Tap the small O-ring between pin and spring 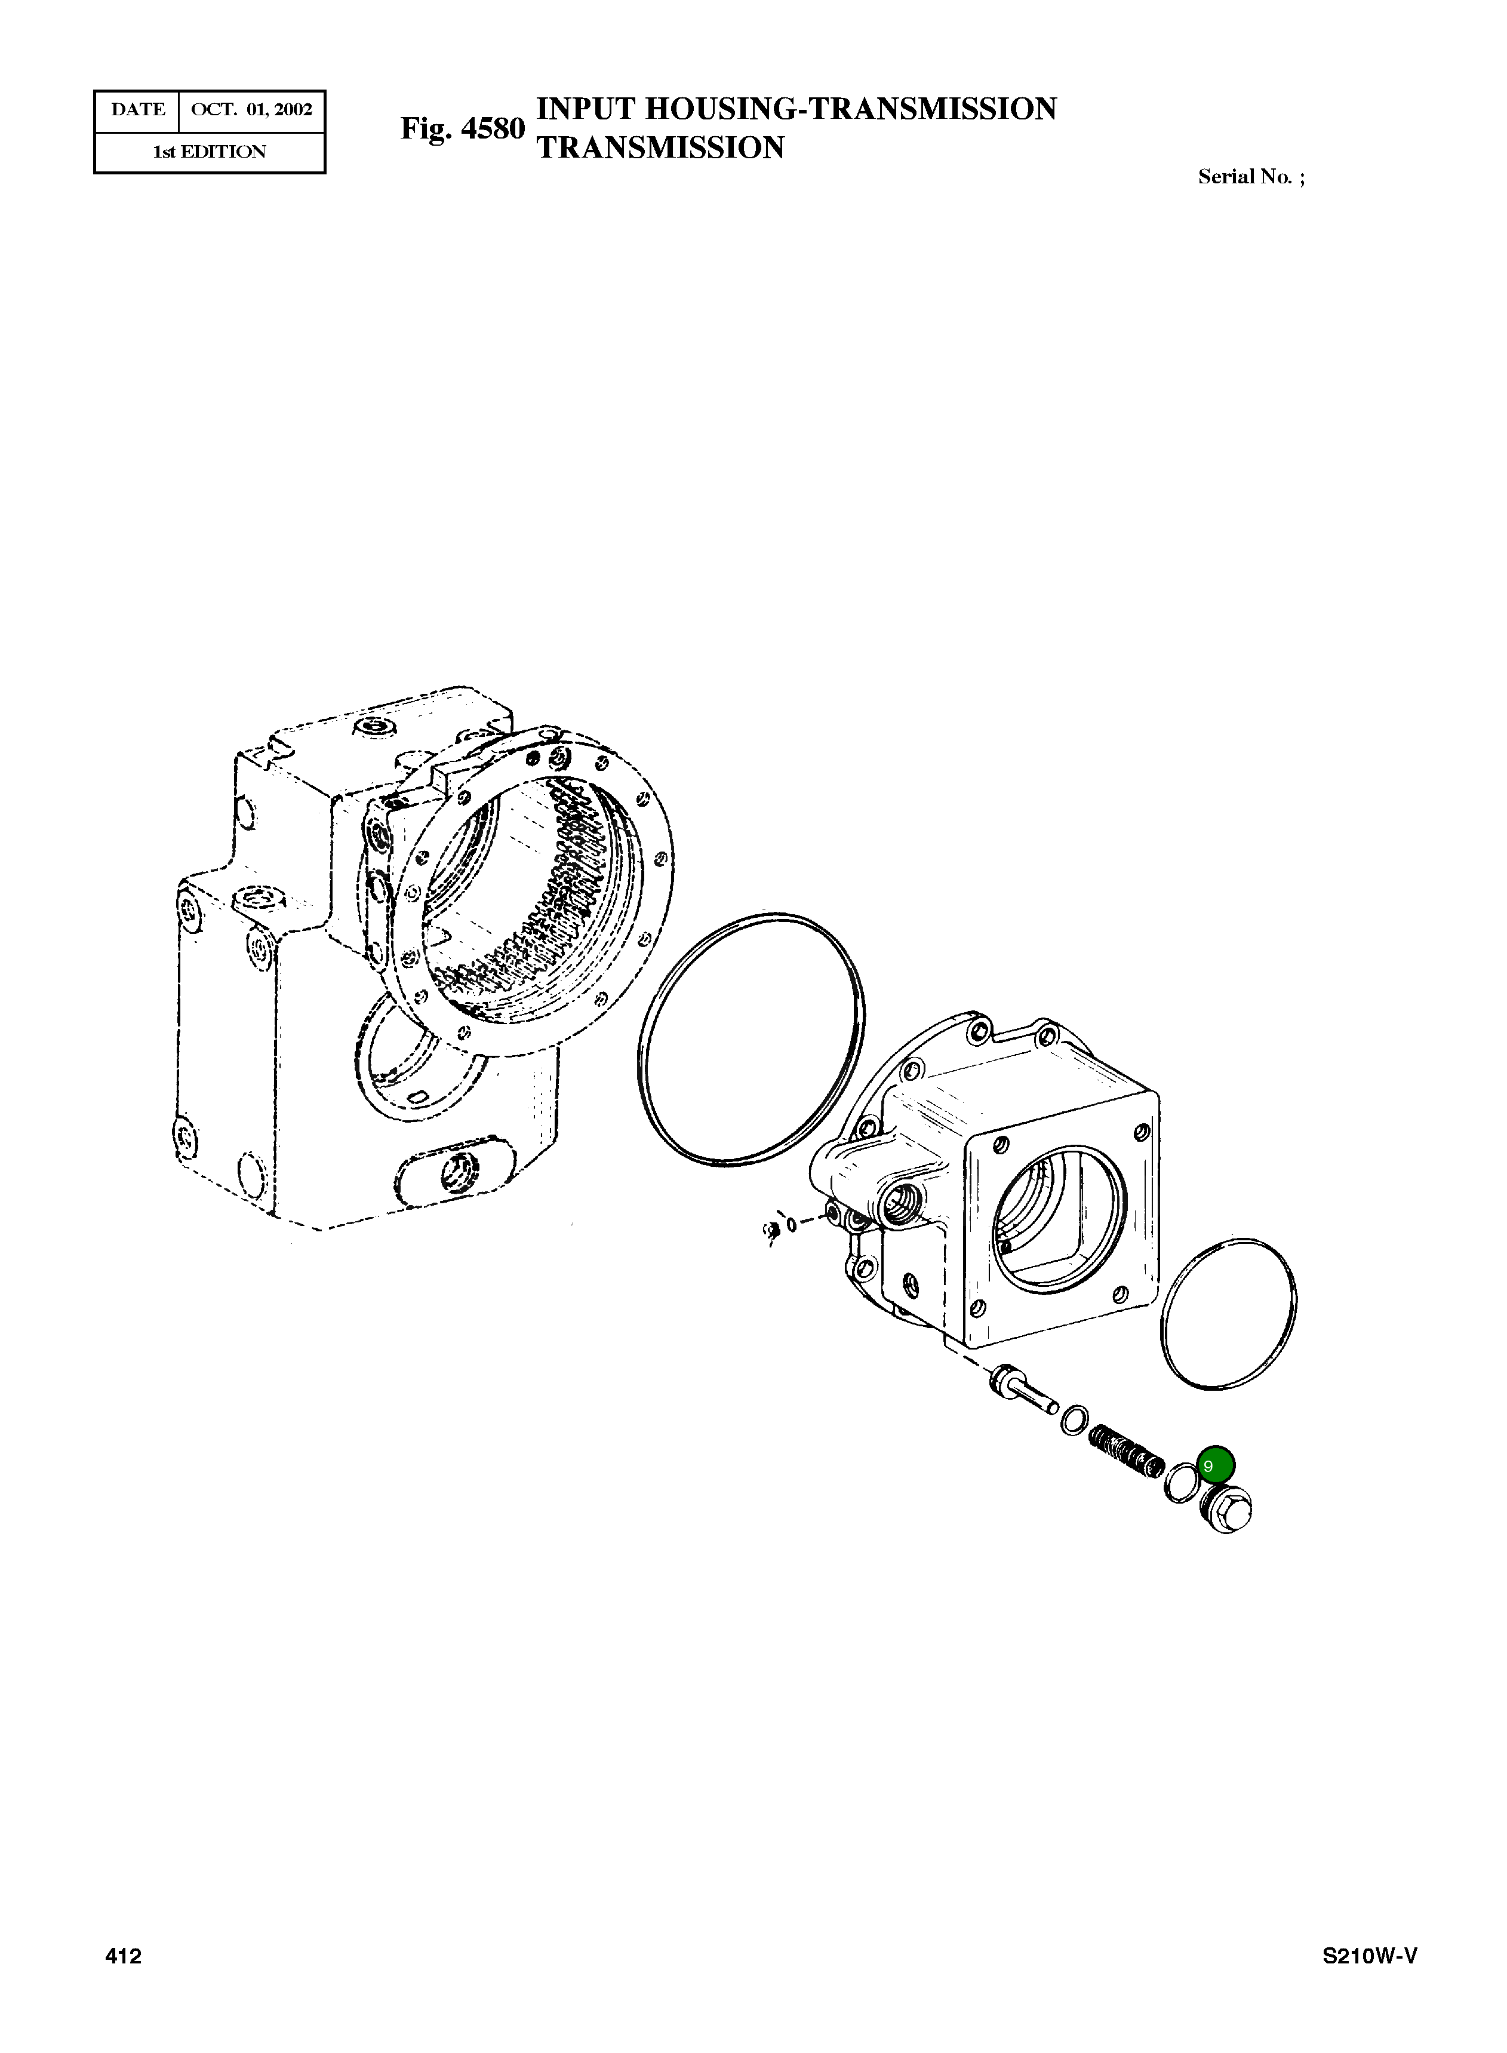tap(1075, 1420)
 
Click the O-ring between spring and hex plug tap(1180, 1484)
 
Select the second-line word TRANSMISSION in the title tap(660, 148)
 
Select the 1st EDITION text tap(209, 152)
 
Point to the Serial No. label tap(1250, 177)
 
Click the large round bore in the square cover tap(1058, 1223)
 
